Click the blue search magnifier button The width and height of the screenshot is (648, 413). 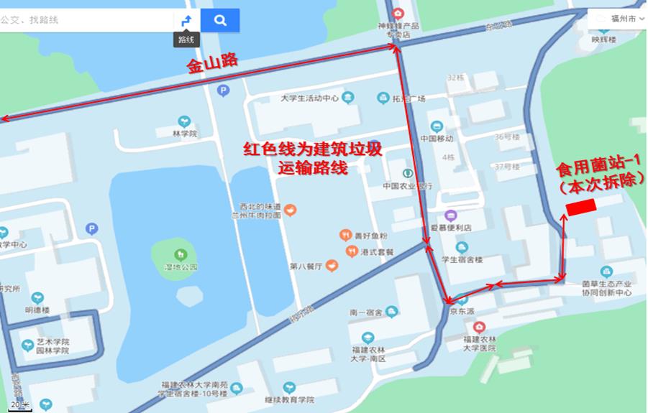pyautogui.click(x=220, y=20)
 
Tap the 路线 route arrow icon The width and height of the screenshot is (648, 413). pyautogui.click(x=186, y=20)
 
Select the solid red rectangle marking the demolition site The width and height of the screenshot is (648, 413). pyautogui.click(x=582, y=207)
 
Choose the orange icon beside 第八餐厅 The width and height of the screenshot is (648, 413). pyautogui.click(x=331, y=266)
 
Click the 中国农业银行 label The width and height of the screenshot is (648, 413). pyautogui.click(x=407, y=186)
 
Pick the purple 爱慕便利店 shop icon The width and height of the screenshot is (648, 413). pyautogui.click(x=451, y=215)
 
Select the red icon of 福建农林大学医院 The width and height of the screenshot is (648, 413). pyautogui.click(x=480, y=327)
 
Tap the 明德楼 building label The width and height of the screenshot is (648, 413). pyautogui.click(x=37, y=310)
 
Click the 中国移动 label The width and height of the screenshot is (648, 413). pyautogui.click(x=437, y=139)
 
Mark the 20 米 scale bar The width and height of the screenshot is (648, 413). pyautogui.click(x=22, y=405)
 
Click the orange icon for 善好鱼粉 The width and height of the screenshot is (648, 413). pyautogui.click(x=346, y=235)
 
